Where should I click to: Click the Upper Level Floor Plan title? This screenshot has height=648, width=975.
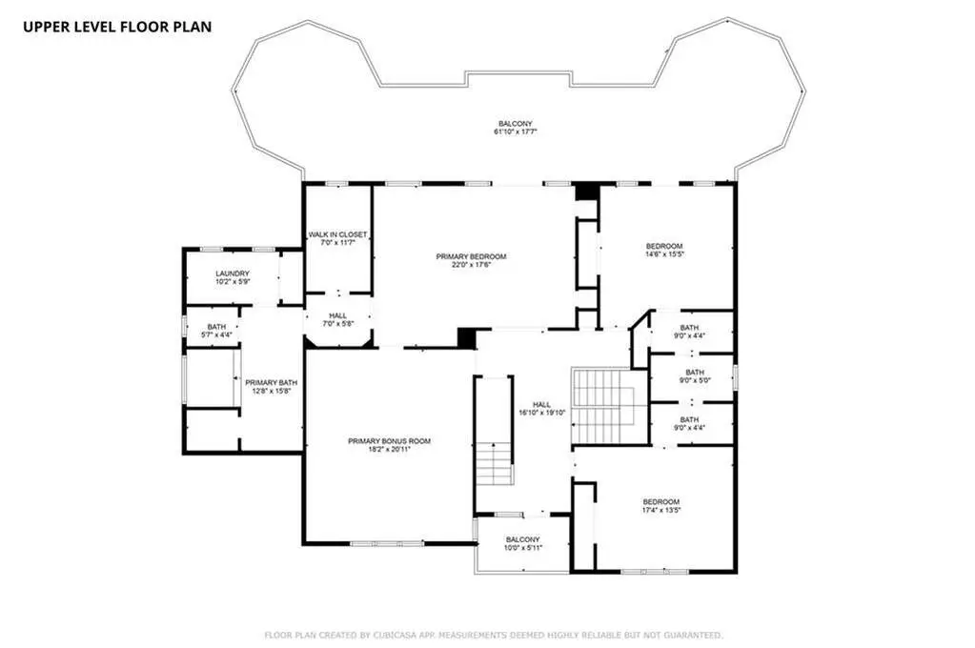[117, 27]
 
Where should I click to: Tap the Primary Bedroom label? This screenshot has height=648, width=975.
[471, 256]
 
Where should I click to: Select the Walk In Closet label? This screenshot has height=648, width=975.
[337, 234]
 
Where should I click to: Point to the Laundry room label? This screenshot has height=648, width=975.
[233, 273]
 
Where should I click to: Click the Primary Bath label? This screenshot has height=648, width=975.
[271, 382]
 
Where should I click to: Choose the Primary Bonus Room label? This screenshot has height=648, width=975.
[389, 441]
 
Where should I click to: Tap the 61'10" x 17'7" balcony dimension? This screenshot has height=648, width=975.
[515, 132]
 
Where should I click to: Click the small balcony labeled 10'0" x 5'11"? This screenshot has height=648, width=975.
[522, 543]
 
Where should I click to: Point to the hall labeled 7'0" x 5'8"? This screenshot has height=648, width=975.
[338, 319]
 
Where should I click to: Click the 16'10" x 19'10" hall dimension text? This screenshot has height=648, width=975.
[541, 413]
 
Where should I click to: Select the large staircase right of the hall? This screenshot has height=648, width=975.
[603, 406]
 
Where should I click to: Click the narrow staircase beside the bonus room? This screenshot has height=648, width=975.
[495, 431]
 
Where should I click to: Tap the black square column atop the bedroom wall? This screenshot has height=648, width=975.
[586, 192]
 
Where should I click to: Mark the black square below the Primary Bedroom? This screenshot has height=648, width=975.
[467, 337]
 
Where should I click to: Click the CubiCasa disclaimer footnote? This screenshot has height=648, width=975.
[494, 635]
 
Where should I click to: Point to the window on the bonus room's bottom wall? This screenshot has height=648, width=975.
[387, 543]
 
